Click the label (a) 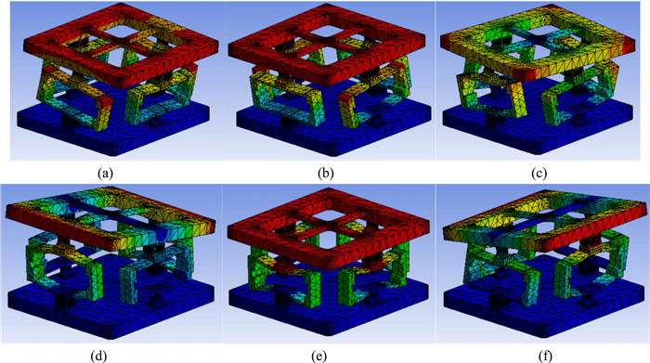105,174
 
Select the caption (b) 326,174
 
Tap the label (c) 539,174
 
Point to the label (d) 98,356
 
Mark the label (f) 545,356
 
